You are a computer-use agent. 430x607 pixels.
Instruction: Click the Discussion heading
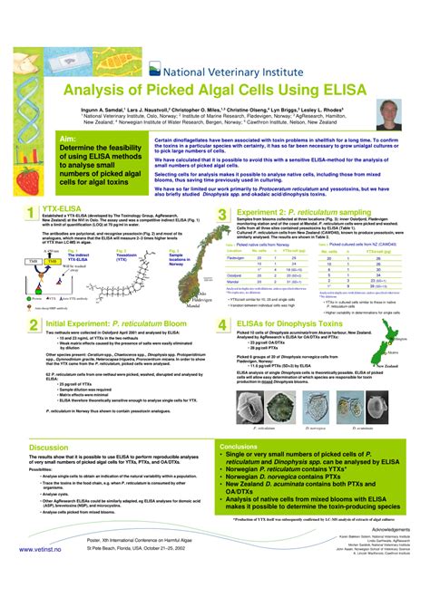48,448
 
